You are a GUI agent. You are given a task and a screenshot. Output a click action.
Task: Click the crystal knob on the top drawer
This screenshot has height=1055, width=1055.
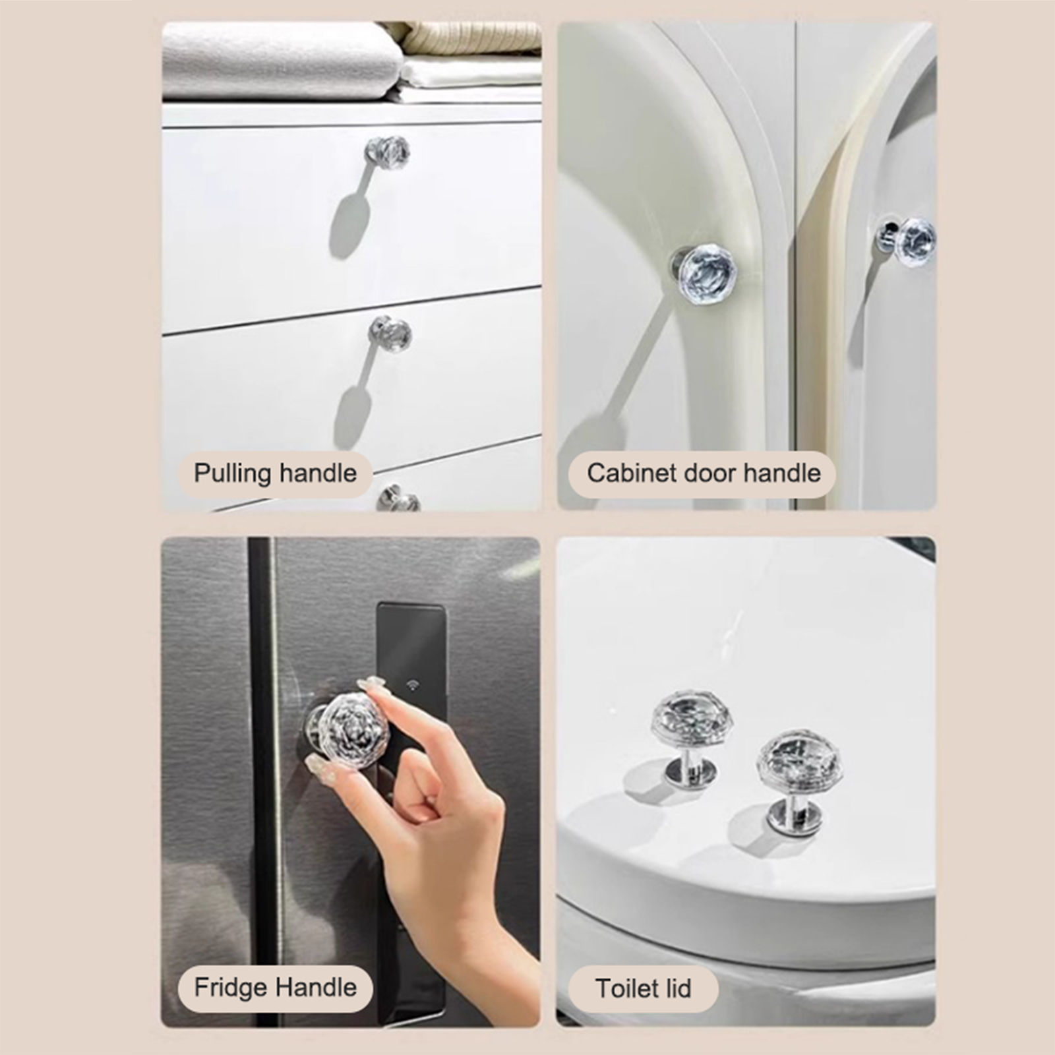pyautogui.click(x=388, y=152)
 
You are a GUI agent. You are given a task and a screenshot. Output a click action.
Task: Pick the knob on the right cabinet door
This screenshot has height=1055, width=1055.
pyautogui.click(x=908, y=241)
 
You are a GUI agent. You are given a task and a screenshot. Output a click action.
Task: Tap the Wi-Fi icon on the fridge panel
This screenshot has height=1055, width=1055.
pyautogui.click(x=413, y=684)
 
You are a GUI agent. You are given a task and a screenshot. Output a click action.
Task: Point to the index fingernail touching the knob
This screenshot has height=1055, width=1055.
pyautogui.click(x=371, y=683)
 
